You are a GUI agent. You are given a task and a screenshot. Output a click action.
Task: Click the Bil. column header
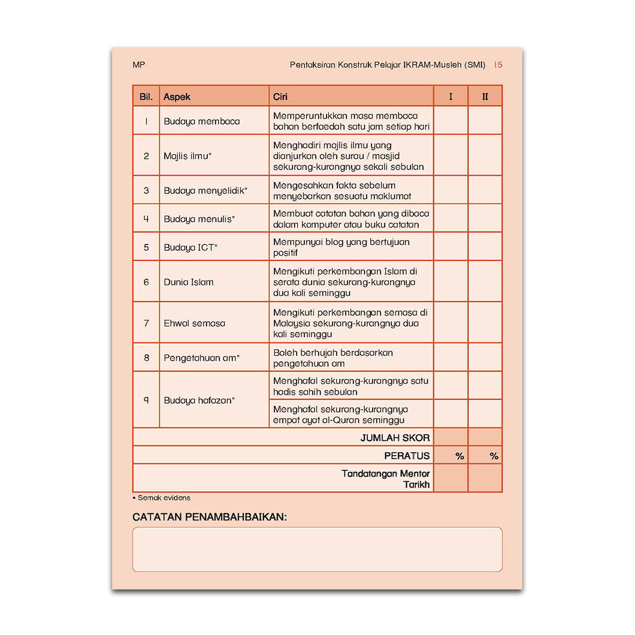pos(146,96)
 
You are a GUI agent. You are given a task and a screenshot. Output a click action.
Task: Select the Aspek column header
pos(177,96)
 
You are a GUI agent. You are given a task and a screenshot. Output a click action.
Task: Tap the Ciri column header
pos(280,96)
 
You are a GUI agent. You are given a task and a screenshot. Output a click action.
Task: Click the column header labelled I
pos(450,96)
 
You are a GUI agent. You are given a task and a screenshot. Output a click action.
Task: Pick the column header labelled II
pos(485,96)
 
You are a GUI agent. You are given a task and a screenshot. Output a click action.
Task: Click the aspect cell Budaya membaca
pos(201,121)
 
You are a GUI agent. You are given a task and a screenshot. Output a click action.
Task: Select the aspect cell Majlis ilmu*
pos(188,156)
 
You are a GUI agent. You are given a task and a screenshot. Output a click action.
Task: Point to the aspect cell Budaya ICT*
pos(190,247)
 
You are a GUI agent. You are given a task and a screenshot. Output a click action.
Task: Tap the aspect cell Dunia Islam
pos(188,282)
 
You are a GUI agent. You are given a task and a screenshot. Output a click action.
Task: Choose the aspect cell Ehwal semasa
pos(194,323)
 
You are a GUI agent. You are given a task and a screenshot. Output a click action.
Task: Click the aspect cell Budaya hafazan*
pos(199,400)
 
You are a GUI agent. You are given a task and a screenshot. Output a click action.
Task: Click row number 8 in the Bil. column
pos(146,358)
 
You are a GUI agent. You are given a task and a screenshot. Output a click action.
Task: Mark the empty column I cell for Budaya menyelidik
pos(450,190)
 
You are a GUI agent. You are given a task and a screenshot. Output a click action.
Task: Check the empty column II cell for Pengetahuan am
pos(485,358)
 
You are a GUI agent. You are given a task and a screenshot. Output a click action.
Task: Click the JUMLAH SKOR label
pos(395,438)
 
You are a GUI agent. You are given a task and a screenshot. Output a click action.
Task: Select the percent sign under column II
pos(494,456)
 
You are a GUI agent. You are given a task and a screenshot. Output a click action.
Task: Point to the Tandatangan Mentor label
pos(385,474)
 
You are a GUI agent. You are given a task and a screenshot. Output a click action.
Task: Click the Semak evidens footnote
pos(164,498)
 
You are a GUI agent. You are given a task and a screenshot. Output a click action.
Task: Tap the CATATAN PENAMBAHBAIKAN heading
pos(209,516)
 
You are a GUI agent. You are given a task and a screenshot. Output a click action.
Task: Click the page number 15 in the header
pos(498,65)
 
